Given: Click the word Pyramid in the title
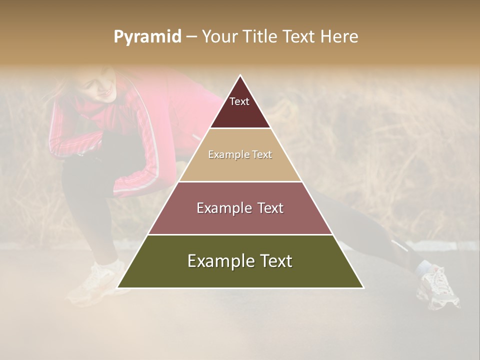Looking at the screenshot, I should (147, 37).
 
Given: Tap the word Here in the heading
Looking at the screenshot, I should (339, 37).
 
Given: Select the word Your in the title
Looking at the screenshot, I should (219, 37).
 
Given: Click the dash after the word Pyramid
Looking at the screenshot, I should (191, 37).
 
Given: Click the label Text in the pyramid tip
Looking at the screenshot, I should (239, 101).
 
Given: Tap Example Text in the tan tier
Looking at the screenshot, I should (240, 154).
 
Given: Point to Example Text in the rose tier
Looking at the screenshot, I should (240, 208).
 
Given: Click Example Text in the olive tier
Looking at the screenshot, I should (240, 261).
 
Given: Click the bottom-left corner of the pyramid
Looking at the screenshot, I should (118, 287).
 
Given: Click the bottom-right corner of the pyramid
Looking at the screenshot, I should (363, 287).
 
